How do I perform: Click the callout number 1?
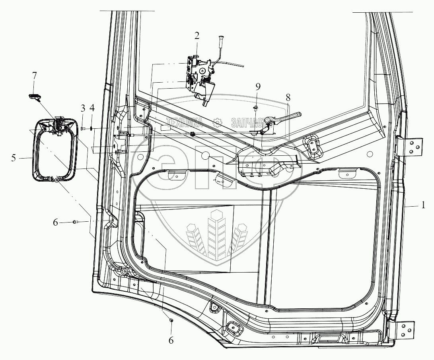pyautogui.click(x=424, y=205)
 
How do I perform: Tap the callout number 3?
pyautogui.click(x=83, y=108)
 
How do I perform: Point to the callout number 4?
pyautogui.click(x=92, y=108)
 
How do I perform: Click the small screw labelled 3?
pyautogui.click(x=83, y=128)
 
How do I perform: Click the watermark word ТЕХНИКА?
pyautogui.click(x=186, y=122)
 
